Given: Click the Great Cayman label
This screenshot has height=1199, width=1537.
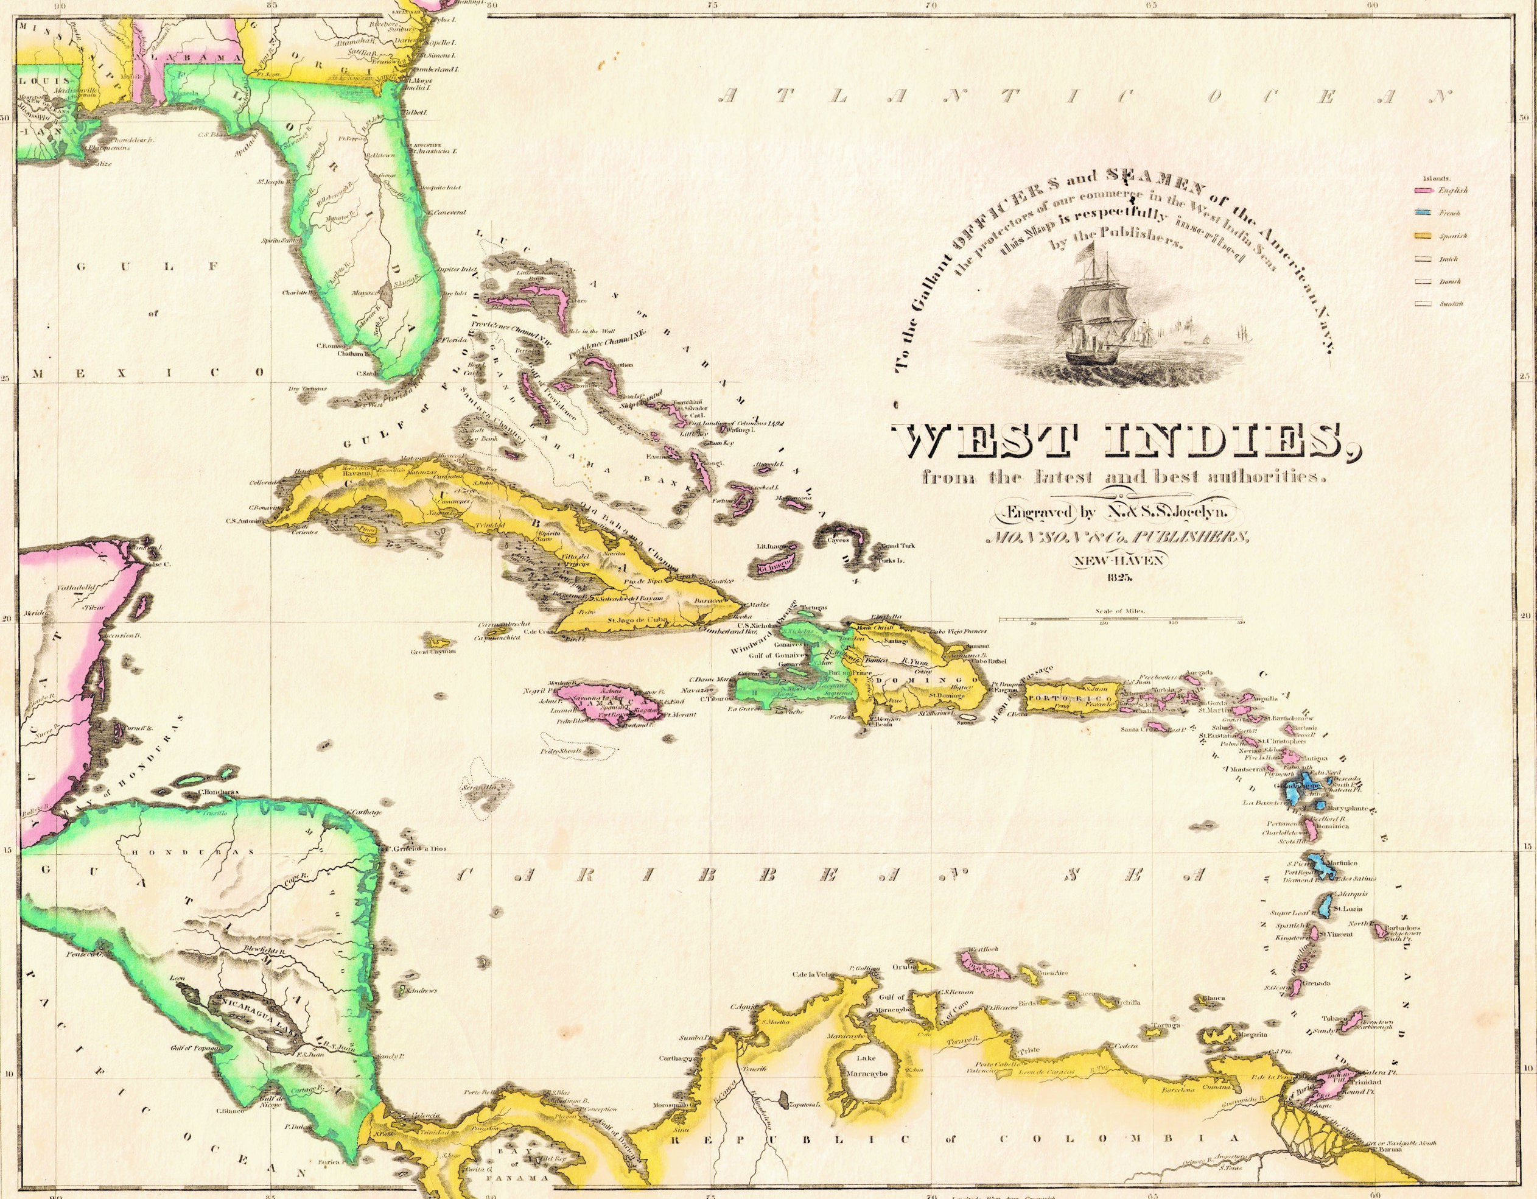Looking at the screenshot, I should click(x=434, y=651).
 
